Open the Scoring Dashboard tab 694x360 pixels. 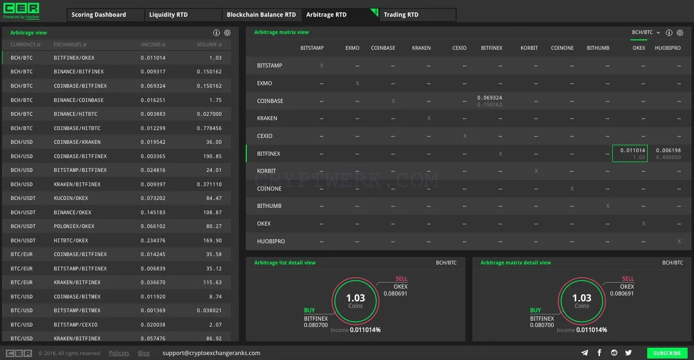[99, 15]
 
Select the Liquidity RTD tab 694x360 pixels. [168, 15]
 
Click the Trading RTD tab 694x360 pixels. [401, 15]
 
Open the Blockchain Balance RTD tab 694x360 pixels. [261, 15]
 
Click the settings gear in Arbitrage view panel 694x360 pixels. [227, 33]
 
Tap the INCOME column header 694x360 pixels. [153, 45]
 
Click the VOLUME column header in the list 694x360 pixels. [209, 45]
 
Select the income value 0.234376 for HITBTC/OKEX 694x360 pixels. [153, 240]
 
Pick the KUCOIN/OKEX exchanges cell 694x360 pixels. [71, 198]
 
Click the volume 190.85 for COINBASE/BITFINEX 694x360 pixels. [213, 156]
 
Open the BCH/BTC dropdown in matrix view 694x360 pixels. [646, 32]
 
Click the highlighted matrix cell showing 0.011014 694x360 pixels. [630, 153]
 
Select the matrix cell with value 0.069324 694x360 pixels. [490, 101]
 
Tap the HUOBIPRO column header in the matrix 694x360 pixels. [668, 48]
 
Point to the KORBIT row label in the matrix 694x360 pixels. [266, 171]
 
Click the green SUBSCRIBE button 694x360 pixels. [667, 353]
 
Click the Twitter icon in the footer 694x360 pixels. [628, 353]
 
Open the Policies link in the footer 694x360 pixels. [119, 353]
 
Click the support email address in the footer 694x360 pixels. [211, 353]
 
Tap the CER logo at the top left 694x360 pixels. [21, 11]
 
